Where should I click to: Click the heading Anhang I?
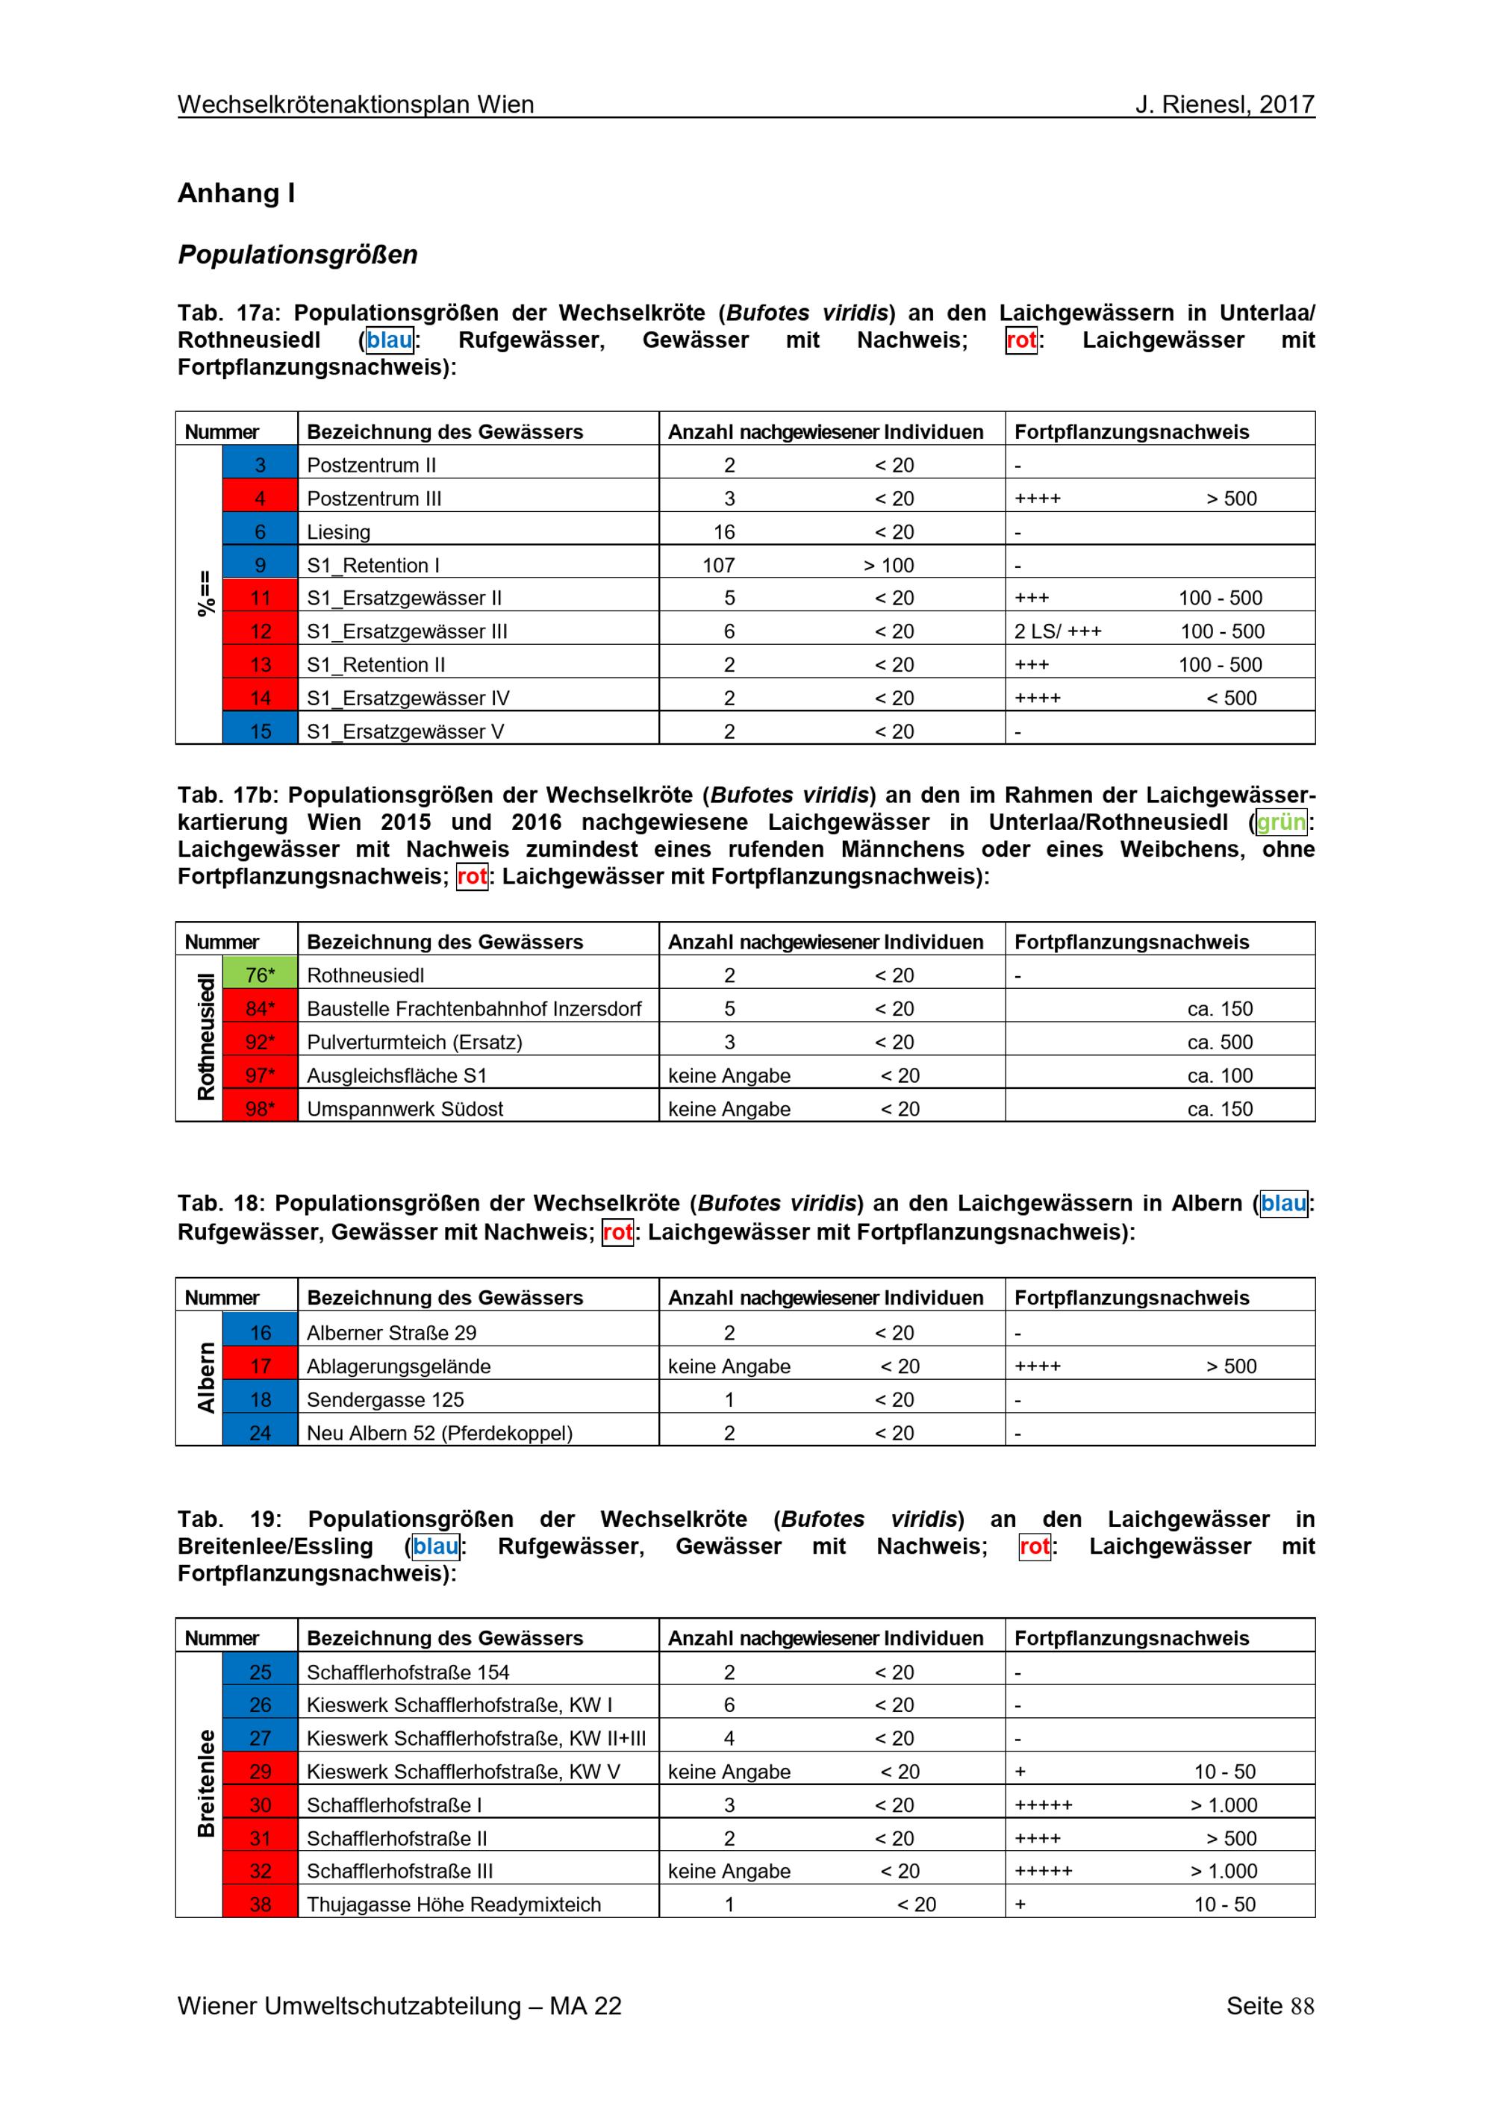[237, 193]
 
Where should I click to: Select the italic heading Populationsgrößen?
[297, 254]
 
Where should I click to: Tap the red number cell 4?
[261, 499]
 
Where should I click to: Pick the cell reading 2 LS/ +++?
[1058, 632]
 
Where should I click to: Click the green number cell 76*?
[261, 975]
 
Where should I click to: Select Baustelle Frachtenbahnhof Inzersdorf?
[474, 1009]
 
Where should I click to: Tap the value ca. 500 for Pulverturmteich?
[1220, 1043]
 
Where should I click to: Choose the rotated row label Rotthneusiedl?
[205, 1039]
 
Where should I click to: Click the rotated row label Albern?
[205, 1378]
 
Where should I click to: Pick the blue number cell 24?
[261, 1433]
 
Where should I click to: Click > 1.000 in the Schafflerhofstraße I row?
[1224, 1805]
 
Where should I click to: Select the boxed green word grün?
[1282, 822]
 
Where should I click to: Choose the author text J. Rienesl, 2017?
[1224, 105]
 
